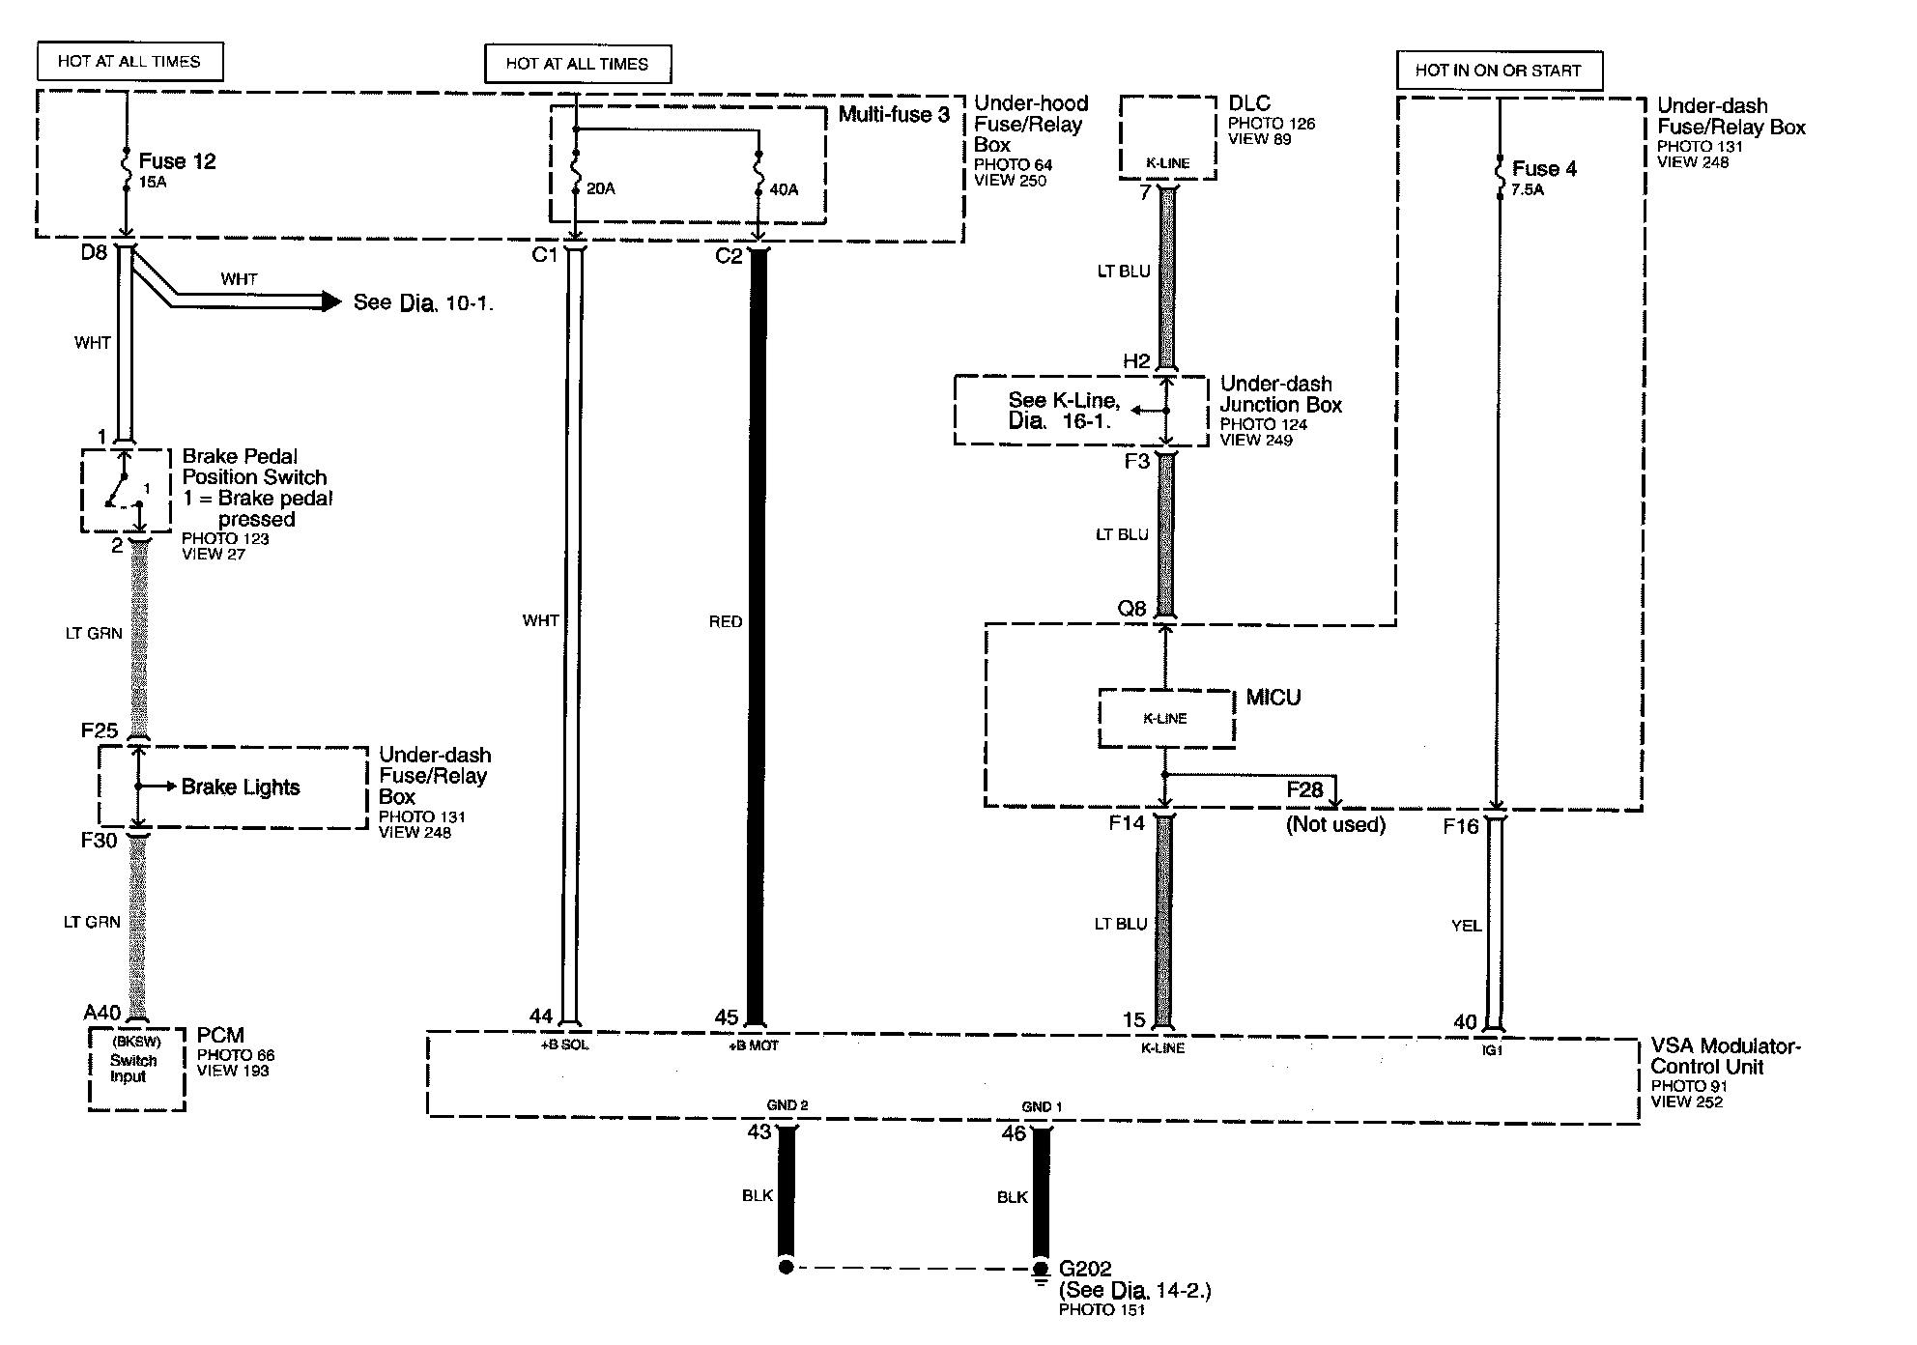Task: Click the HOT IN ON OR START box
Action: click(x=1498, y=71)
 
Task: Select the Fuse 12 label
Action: click(x=177, y=161)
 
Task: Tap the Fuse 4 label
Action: click(x=1543, y=169)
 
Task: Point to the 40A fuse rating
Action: click(x=784, y=190)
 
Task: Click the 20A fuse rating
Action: click(x=600, y=188)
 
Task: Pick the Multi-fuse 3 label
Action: click(x=893, y=115)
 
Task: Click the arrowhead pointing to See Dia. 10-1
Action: click(x=331, y=302)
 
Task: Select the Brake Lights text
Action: click(x=241, y=787)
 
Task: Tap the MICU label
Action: click(x=1273, y=698)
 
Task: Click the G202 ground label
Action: click(x=1085, y=1269)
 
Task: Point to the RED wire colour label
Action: click(x=725, y=622)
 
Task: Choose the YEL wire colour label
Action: click(x=1466, y=926)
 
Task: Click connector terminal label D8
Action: click(x=94, y=254)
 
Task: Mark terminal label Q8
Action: click(x=1131, y=609)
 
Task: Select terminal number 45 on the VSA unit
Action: click(x=726, y=1017)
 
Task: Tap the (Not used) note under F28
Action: click(x=1335, y=825)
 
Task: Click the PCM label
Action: click(x=220, y=1036)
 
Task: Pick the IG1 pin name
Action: click(x=1492, y=1050)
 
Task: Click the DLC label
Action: click(x=1248, y=104)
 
